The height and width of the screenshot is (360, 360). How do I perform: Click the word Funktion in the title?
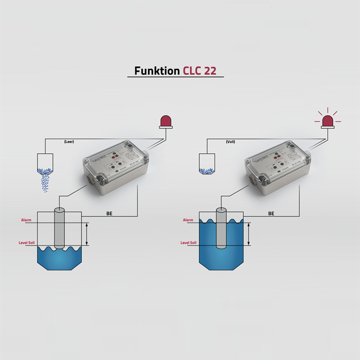(156, 71)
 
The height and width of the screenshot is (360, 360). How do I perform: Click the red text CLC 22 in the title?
(199, 71)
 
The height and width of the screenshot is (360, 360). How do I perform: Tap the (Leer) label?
(68, 142)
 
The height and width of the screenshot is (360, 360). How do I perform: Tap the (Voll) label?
(230, 142)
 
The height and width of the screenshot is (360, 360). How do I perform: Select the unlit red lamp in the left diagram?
(166, 122)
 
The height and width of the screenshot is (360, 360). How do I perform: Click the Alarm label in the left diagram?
(27, 219)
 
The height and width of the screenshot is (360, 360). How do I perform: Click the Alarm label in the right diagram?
(188, 219)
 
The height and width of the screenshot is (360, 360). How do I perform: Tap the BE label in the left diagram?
(109, 214)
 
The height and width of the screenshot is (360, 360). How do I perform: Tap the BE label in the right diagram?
(271, 214)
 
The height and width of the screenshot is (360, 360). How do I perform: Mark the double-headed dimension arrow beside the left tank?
(86, 234)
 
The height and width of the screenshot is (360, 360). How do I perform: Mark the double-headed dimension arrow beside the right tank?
(248, 234)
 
